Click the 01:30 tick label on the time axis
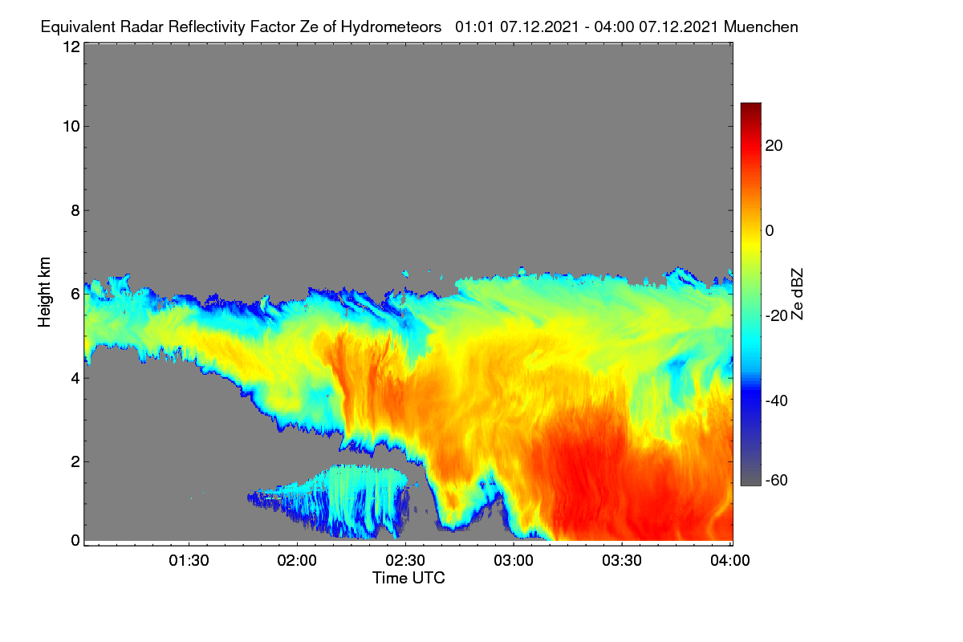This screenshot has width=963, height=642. coord(189,560)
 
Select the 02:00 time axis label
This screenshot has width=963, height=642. coord(297,560)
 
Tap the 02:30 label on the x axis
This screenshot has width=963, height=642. coord(405,560)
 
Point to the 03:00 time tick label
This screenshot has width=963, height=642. coord(514,560)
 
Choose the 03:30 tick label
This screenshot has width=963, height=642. coord(622,560)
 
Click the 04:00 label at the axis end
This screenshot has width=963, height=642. coord(730,560)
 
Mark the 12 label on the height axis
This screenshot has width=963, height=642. coord(71,47)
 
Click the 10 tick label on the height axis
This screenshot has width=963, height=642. coord(71,127)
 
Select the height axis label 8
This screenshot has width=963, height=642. coord(75,210)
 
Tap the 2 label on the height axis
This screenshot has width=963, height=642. coord(75,461)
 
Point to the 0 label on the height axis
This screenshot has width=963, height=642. coord(75,540)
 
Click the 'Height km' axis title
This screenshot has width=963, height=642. coord(44,292)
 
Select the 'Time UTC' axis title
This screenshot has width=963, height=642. coord(408,578)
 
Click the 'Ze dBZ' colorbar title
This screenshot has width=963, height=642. coord(797,295)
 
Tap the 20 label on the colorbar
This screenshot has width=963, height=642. coord(774,146)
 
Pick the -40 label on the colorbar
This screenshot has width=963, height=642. coord(777,400)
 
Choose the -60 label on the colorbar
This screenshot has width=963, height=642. coord(777,480)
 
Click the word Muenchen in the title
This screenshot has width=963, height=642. coord(761,26)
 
